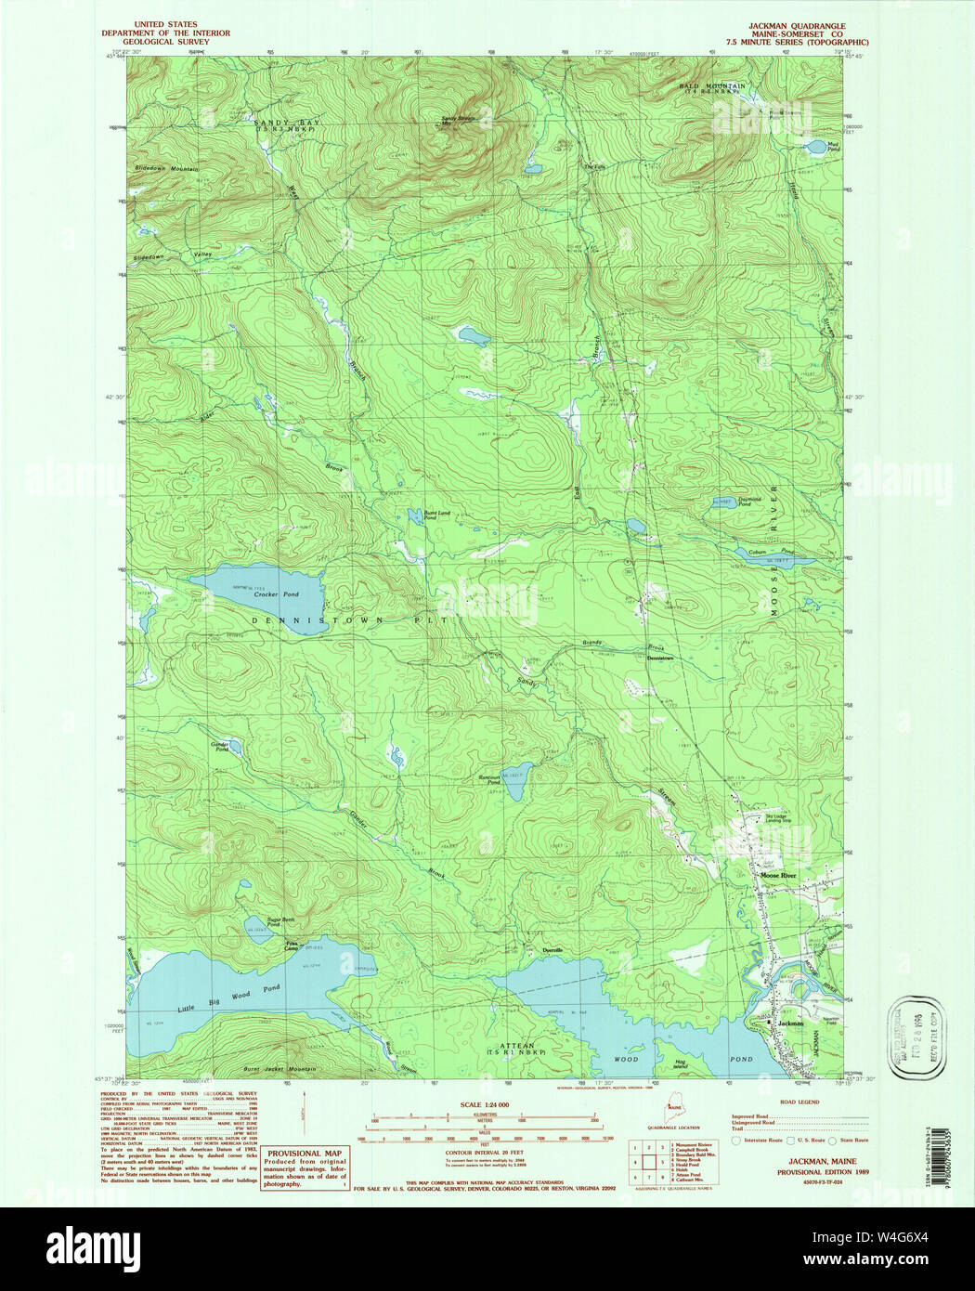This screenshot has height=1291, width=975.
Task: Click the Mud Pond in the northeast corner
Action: click(x=814, y=147)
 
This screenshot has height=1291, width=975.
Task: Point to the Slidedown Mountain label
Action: click(x=166, y=169)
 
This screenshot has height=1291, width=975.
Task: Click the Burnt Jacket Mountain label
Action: click(x=279, y=1069)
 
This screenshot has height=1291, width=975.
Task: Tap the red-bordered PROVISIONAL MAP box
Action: click(x=304, y=1167)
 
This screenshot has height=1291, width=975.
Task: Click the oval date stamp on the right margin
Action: click(x=916, y=1037)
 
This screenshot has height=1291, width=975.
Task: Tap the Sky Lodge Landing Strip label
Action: click(x=778, y=818)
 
